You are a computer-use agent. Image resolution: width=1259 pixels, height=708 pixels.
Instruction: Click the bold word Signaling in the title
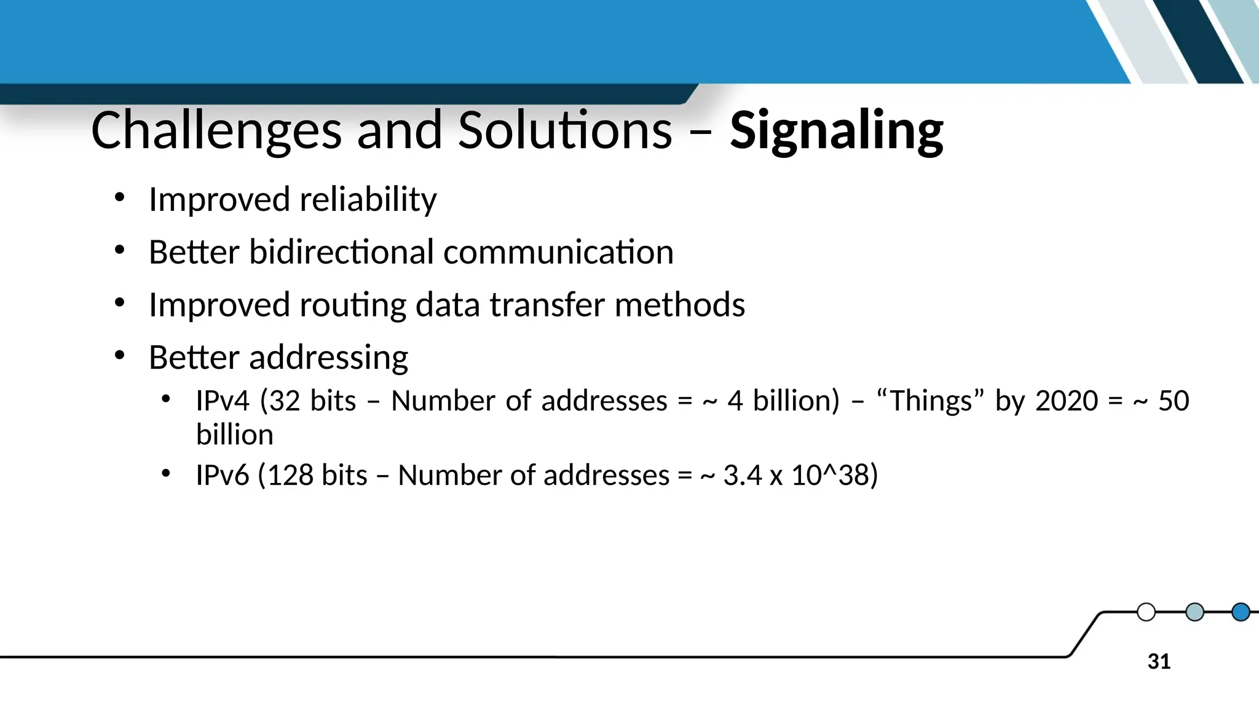coord(836,130)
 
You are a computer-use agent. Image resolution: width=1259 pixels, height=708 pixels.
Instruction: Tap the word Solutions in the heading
coord(565,130)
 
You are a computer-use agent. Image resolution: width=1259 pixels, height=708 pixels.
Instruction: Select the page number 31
coord(1159,662)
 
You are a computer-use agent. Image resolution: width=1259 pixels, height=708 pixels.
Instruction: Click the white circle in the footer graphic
coord(1146,612)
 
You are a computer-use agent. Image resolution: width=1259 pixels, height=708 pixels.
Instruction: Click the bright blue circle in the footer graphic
coord(1241,612)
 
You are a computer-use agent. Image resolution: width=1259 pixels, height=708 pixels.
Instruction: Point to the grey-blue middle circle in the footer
coord(1194,612)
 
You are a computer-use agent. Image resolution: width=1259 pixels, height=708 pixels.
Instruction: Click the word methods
coord(679,305)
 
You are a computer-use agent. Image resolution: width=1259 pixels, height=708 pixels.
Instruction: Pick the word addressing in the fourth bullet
coord(328,358)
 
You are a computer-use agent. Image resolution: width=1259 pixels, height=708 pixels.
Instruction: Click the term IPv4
coord(223,401)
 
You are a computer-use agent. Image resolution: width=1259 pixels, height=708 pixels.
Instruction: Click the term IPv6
coord(223,475)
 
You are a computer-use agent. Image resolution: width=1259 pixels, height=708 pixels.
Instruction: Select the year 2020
coord(1067,401)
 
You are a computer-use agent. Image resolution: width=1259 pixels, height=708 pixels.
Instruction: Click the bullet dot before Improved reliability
coord(119,197)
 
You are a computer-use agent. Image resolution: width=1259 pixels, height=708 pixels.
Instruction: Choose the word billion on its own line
coord(234,435)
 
